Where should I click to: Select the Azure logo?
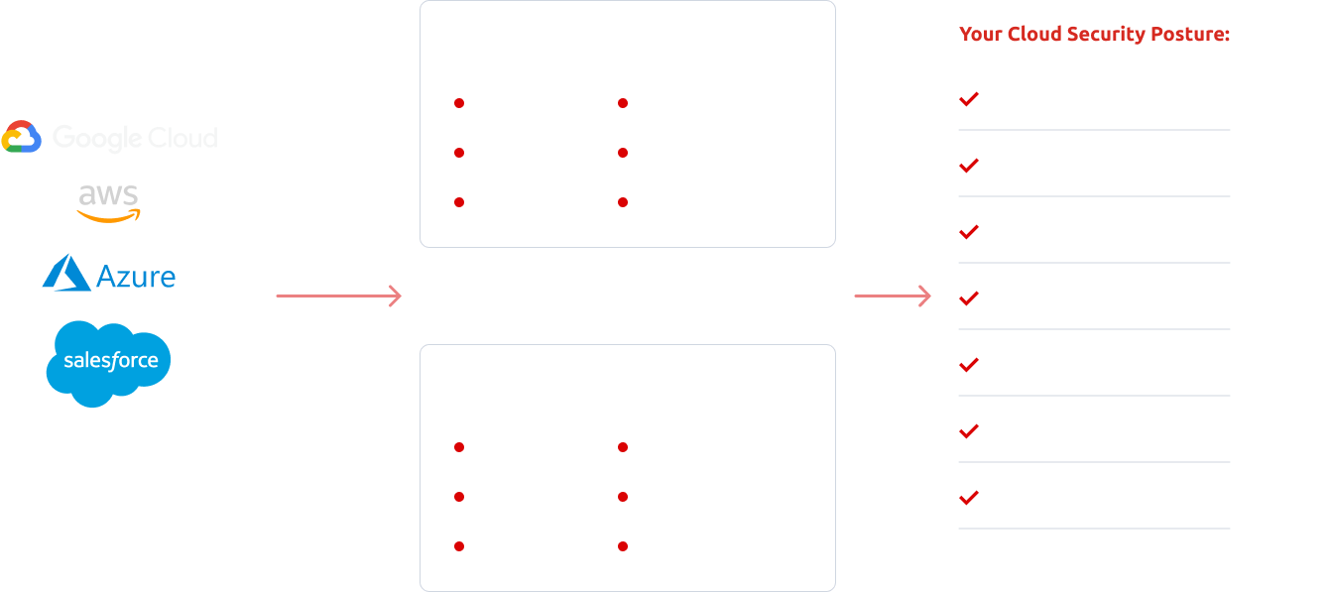(109, 274)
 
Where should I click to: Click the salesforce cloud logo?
(109, 363)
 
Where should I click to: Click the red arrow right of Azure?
(338, 296)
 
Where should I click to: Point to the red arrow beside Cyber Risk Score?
(893, 296)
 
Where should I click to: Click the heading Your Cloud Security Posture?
(1094, 35)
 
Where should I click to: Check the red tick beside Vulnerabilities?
(969, 99)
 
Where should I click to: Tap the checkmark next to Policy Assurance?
(969, 498)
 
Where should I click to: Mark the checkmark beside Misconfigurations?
(969, 365)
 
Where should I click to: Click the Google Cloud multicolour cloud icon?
(21, 137)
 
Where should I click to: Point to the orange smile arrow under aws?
(109, 214)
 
